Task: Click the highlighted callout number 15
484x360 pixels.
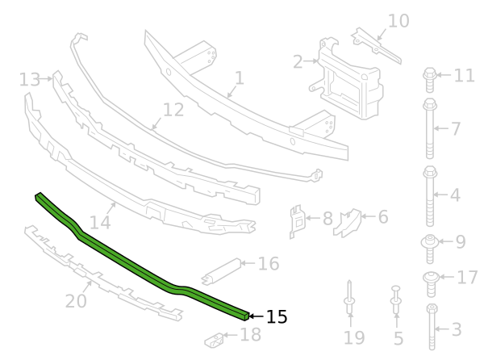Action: coord(277,316)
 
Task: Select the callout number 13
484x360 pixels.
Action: coord(30,79)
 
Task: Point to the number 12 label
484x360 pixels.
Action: coord(173,110)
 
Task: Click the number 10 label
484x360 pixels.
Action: coord(398,21)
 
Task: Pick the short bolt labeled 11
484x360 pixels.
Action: coord(430,80)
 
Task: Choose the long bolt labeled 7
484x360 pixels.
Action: coord(430,128)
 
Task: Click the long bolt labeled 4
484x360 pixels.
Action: coord(430,196)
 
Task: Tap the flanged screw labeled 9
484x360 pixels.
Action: coord(430,249)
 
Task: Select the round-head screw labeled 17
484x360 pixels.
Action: coord(431,284)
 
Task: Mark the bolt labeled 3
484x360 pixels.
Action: coord(432,327)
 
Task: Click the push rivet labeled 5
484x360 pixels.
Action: coord(396,299)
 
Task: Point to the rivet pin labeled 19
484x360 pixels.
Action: coord(349,298)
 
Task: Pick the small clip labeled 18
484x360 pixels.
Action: coord(215,341)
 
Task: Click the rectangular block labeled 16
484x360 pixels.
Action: coord(221,272)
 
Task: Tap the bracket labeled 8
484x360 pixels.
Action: coord(296,221)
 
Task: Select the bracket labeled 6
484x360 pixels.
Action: coord(348,222)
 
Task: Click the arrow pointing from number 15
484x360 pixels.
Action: coord(256,316)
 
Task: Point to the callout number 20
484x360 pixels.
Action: coord(76,301)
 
